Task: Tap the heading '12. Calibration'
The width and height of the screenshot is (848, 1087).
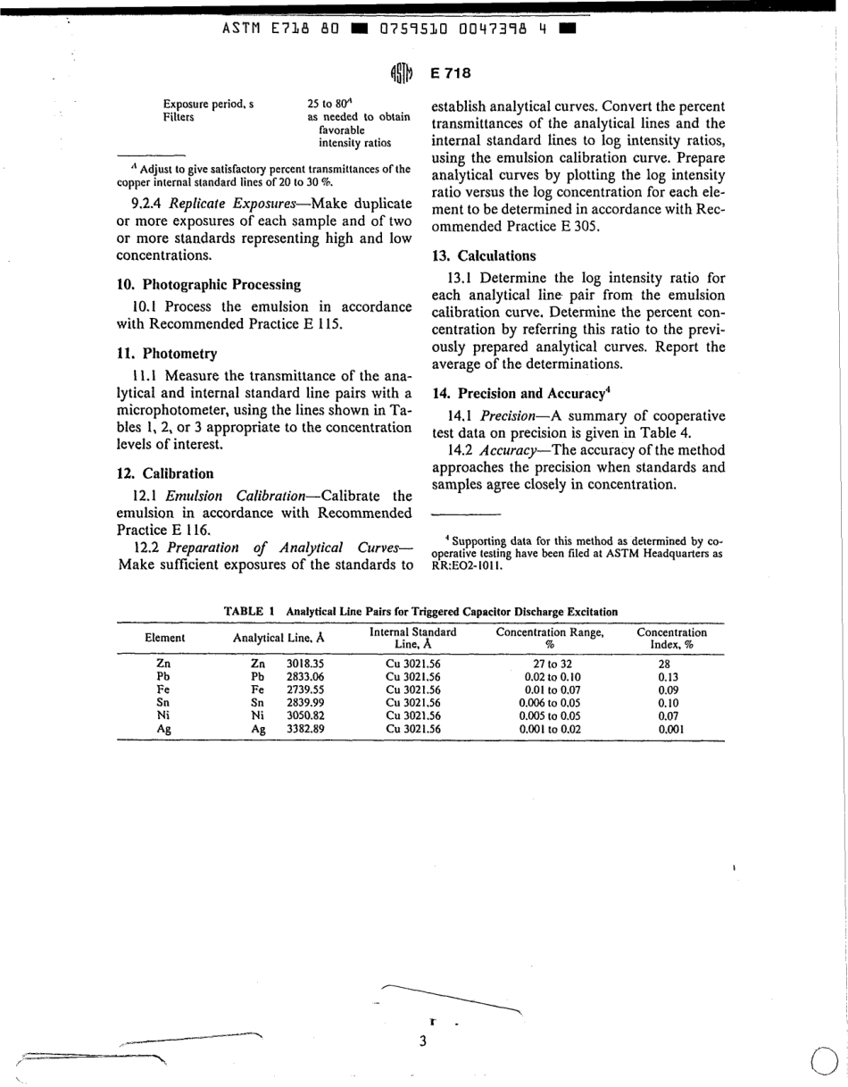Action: [165, 473]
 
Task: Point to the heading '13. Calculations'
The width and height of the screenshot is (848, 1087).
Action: [485, 255]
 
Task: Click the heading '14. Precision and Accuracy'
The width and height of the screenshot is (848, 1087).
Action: [520, 392]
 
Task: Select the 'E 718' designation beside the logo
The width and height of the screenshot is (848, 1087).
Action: [450, 73]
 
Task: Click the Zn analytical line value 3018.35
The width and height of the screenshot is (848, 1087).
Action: [304, 664]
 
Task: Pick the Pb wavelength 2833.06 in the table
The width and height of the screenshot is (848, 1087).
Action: [304, 677]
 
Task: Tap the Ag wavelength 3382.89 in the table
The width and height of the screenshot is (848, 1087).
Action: [304, 730]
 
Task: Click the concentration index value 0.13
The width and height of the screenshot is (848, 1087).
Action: [669, 677]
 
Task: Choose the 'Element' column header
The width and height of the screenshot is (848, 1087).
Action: [164, 638]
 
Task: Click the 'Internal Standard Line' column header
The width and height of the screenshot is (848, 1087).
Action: [412, 638]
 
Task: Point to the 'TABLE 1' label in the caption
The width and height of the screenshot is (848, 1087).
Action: [248, 612]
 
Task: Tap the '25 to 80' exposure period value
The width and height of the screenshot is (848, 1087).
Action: [328, 104]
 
